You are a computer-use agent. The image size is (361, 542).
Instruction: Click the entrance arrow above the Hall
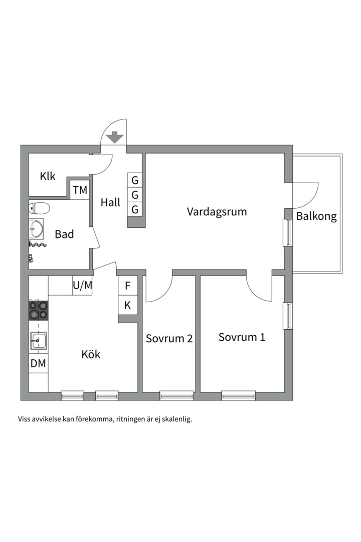coord(115,137)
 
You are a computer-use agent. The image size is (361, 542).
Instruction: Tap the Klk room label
coord(47,176)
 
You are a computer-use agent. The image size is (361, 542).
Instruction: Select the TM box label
coord(80,190)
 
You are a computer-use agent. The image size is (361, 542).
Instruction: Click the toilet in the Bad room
coord(39,208)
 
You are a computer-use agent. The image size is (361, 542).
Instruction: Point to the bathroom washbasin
coord(36,228)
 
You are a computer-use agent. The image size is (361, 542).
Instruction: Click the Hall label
coord(110,202)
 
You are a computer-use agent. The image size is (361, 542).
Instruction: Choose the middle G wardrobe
coord(135,195)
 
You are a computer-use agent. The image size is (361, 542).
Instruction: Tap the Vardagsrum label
coord(217,212)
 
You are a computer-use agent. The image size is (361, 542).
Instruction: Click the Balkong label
coord(316,217)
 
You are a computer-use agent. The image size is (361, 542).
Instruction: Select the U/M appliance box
coord(82,286)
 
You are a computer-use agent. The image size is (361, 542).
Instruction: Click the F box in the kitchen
coord(128,286)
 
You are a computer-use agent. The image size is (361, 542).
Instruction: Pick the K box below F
coord(128,305)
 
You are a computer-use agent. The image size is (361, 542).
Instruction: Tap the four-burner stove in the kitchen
coord(38,310)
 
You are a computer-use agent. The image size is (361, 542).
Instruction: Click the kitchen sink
coord(38,341)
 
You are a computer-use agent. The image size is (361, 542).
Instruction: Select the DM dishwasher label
coord(38,363)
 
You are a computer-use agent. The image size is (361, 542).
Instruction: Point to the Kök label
coord(91,354)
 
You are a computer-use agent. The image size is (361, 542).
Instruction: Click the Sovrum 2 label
coord(169,338)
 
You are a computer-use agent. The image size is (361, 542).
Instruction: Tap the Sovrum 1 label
coord(242,337)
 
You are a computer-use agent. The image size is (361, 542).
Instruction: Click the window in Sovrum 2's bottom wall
coord(176,395)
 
